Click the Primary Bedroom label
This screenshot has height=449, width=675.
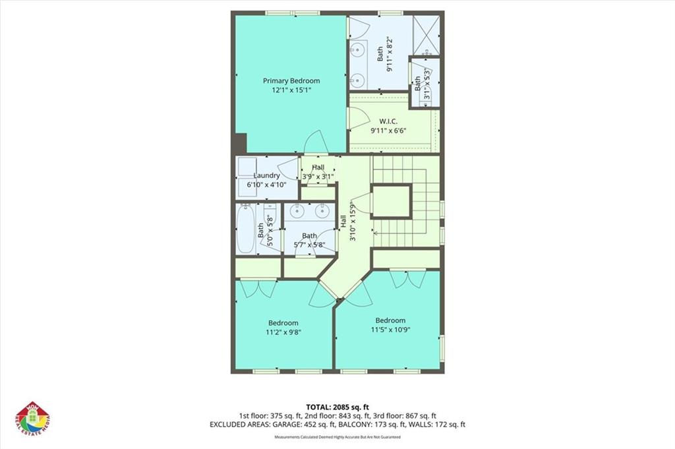pyautogui.click(x=291, y=81)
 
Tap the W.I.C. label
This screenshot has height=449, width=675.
pyautogui.click(x=388, y=121)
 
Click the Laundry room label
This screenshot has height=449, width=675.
pyautogui.click(x=267, y=175)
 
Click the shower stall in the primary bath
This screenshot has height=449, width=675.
pyautogui.click(x=426, y=34)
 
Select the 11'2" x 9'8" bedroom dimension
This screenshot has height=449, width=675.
pyautogui.click(x=283, y=332)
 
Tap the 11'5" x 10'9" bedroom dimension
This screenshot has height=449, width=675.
pyautogui.click(x=388, y=330)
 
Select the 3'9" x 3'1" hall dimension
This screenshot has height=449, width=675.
pyautogui.click(x=318, y=177)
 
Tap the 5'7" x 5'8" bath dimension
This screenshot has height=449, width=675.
pyautogui.click(x=309, y=245)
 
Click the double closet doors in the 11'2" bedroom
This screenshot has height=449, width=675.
pyautogui.click(x=258, y=288)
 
